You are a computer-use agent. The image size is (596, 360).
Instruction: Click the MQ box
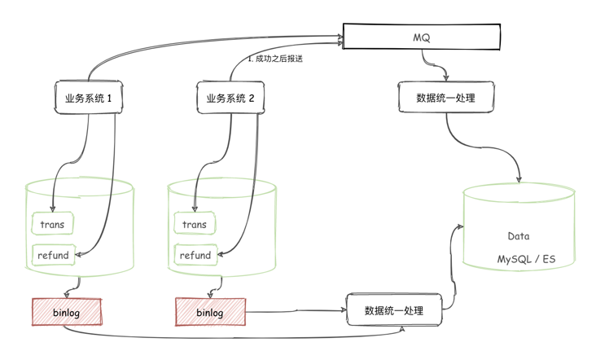[x=421, y=36]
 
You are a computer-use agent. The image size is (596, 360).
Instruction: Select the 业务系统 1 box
[x=93, y=98]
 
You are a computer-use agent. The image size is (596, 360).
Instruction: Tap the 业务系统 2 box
[x=231, y=98]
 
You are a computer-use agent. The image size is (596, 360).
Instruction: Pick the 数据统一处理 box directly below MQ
[x=445, y=98]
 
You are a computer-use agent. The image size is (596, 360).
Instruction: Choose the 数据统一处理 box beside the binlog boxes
[x=394, y=310]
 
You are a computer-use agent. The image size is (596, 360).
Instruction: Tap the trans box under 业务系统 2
[x=195, y=224]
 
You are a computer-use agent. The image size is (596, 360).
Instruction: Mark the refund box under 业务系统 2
[x=195, y=255]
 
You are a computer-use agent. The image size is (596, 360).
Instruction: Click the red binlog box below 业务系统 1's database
[x=67, y=312]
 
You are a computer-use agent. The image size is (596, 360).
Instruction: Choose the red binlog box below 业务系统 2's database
[x=210, y=312]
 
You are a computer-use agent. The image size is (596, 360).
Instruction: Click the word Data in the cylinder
[x=519, y=236]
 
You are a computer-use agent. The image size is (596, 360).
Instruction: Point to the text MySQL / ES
[x=525, y=258]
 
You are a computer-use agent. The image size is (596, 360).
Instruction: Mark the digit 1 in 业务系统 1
[x=120, y=98]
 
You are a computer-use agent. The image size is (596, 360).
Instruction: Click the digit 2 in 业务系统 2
[x=252, y=98]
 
